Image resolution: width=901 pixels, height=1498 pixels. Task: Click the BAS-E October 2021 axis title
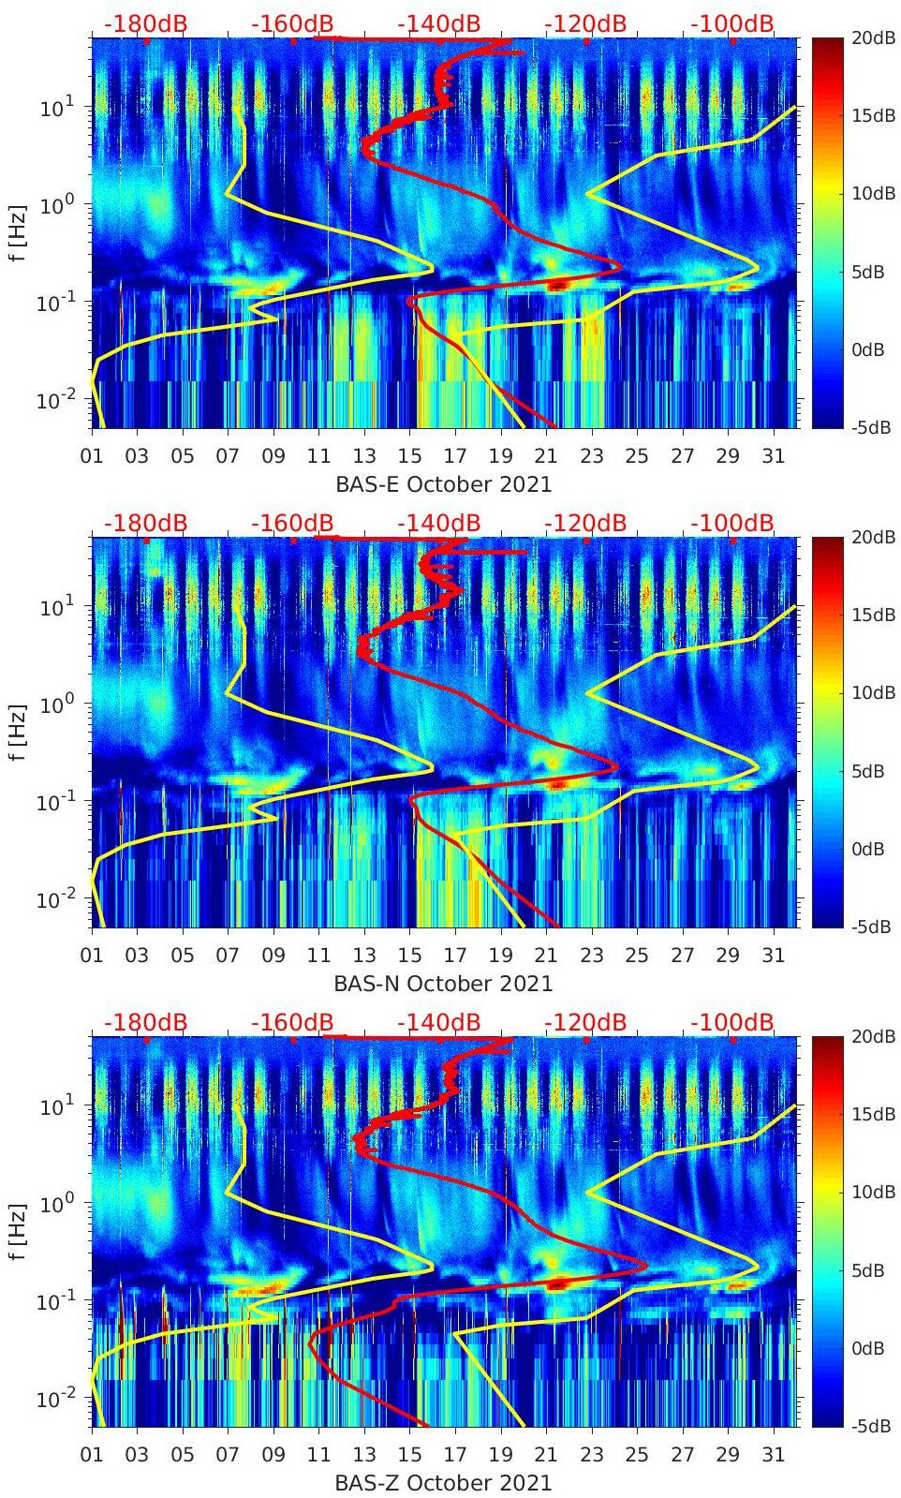pyautogui.click(x=443, y=484)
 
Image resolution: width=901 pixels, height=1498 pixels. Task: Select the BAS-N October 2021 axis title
pyautogui.click(x=443, y=984)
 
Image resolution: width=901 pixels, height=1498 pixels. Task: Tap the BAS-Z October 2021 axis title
pyautogui.click(x=443, y=1483)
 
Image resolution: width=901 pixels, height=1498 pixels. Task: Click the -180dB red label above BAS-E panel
pyautogui.click(x=145, y=23)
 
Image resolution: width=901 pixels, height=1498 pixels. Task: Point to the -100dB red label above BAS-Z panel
pyautogui.click(x=732, y=1022)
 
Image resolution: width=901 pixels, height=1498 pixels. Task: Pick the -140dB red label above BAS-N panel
pyautogui.click(x=439, y=523)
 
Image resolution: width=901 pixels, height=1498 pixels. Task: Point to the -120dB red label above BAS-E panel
pyautogui.click(x=585, y=23)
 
